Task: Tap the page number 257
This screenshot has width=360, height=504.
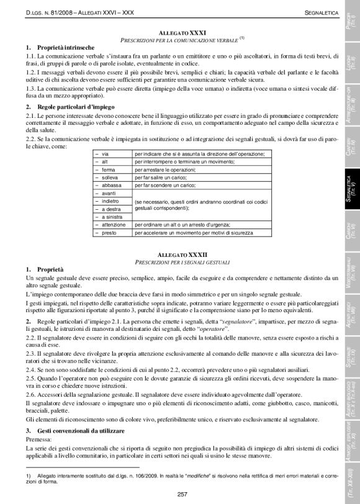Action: pyautogui.click(x=182, y=493)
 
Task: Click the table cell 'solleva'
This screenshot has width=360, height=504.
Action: pyautogui.click(x=109, y=176)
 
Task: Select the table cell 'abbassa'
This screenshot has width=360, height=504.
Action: pyautogui.click(x=110, y=184)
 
